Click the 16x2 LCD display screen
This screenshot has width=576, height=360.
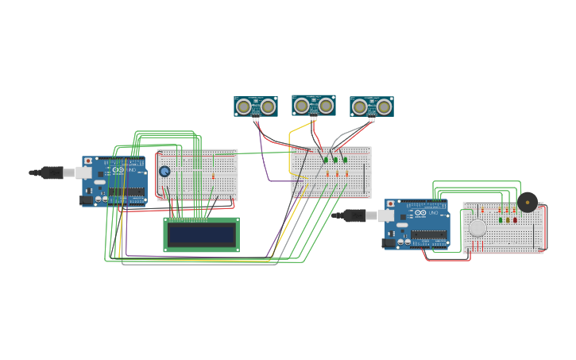pyautogui.click(x=202, y=234)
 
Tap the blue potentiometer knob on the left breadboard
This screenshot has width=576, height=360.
pyautogui.click(x=164, y=172)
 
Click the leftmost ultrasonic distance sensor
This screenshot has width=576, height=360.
pyautogui.click(x=256, y=106)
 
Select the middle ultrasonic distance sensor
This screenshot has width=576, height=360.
pyautogui.click(x=314, y=105)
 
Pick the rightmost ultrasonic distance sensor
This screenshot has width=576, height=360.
pyautogui.click(x=372, y=106)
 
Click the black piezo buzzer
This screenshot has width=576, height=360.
pyautogui.click(x=528, y=202)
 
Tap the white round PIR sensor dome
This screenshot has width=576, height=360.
pyautogui.click(x=477, y=228)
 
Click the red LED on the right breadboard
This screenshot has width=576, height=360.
pyautogui.click(x=515, y=219)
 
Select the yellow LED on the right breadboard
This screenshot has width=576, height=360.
pyautogui.click(x=508, y=219)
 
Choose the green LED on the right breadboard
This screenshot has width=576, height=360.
pyautogui.click(x=501, y=219)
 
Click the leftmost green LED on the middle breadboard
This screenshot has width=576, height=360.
pyautogui.click(x=326, y=160)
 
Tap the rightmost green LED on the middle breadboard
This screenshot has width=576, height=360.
pyautogui.click(x=345, y=160)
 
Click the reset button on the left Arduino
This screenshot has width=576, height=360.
pyautogui.click(x=88, y=161)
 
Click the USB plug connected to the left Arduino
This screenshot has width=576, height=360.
pyautogui.click(x=54, y=172)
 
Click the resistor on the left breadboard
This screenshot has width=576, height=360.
pyautogui.click(x=213, y=176)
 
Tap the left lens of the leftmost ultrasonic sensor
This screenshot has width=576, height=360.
pyautogui.click(x=244, y=106)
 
